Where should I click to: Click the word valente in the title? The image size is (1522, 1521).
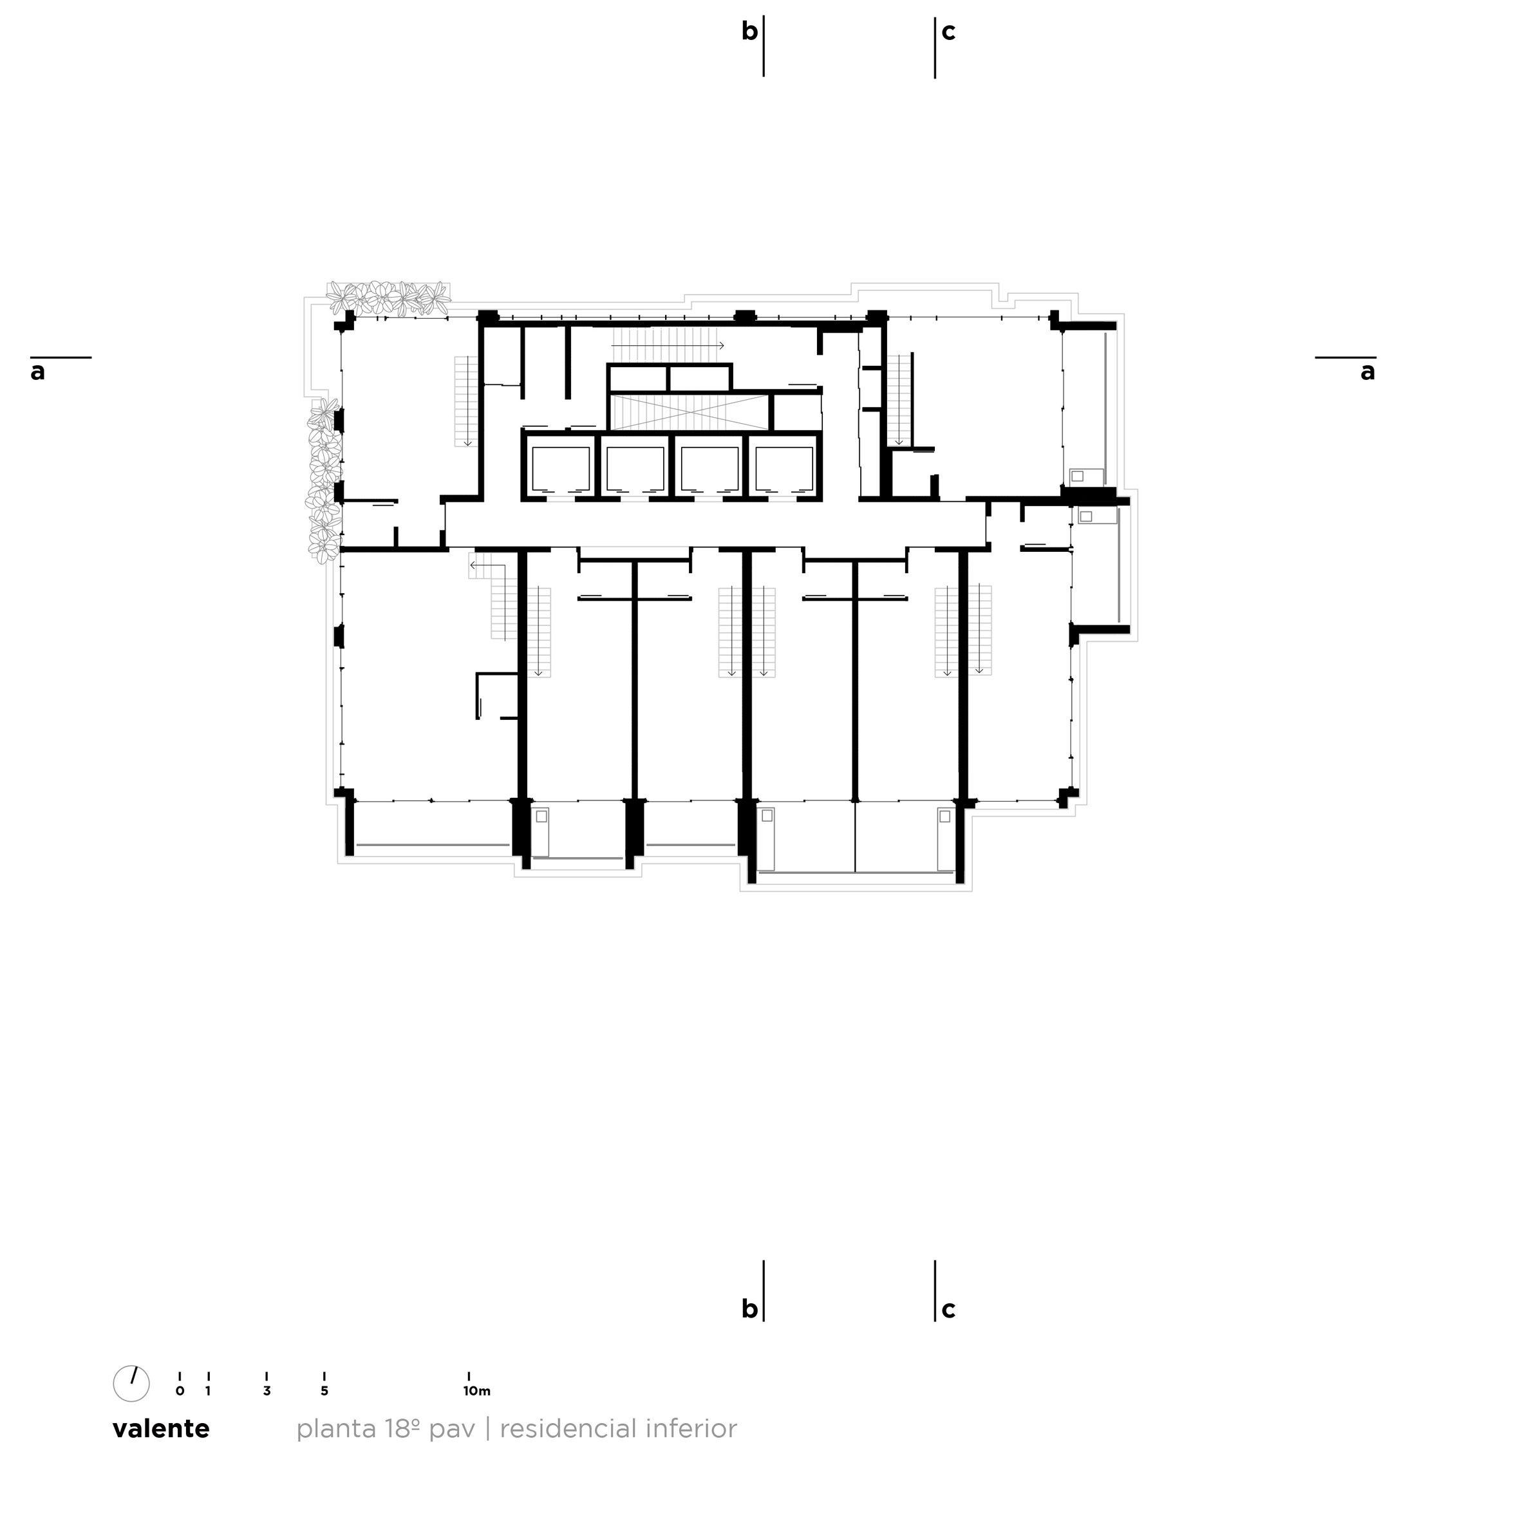pos(162,1430)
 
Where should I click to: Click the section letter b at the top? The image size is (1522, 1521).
pos(749,32)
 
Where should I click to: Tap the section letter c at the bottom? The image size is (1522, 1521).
pos(948,1310)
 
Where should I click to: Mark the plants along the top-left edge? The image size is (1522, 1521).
pos(389,299)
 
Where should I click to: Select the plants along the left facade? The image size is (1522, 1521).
pos(324,481)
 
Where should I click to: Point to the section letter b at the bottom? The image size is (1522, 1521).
pos(749,1309)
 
